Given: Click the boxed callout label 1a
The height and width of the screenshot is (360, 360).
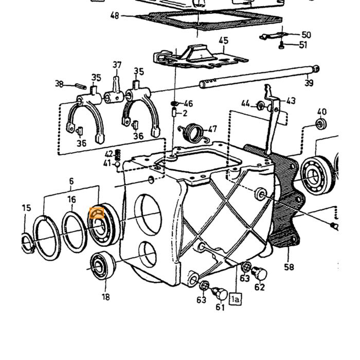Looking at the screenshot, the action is point(236,299).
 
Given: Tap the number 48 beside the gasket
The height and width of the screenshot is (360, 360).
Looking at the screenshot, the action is point(115,16).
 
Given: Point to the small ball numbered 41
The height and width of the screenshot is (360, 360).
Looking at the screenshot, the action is point(117,164).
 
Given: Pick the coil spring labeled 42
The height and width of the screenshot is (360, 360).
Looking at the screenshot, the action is point(118,155).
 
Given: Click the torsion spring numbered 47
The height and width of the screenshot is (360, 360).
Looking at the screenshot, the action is point(194,133).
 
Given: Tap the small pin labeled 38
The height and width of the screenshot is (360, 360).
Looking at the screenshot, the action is point(81,86).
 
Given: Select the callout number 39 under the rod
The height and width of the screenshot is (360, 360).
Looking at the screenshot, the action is point(309,83).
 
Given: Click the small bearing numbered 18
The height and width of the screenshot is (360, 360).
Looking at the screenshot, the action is point(103,265).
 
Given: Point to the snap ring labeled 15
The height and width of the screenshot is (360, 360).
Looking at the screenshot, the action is point(28,243).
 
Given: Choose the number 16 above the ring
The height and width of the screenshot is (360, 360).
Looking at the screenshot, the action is point(71,200).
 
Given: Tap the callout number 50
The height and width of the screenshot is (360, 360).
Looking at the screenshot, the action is point(307,35).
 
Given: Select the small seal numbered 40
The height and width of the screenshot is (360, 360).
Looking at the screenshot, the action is point(321,124).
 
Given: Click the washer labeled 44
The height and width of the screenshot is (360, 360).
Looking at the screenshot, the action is point(261,106).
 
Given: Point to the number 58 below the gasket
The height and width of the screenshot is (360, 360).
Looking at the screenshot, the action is point(289,267).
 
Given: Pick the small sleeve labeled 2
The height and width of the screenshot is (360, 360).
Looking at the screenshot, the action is point(174,113).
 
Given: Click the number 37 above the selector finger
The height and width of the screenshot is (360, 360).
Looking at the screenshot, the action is point(117,65).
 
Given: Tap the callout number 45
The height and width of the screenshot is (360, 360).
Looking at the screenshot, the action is point(224,41).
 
